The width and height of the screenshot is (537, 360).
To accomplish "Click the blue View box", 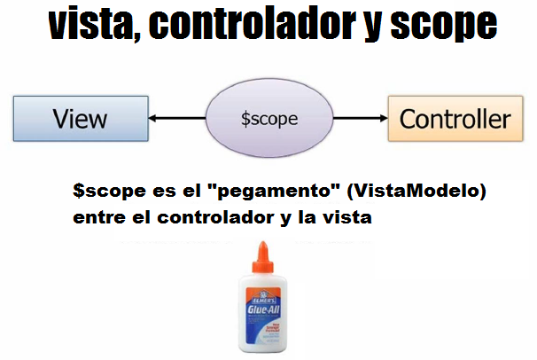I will [x=80, y=118].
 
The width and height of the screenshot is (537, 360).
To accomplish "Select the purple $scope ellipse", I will [x=268, y=118].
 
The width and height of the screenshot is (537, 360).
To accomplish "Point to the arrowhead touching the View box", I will [x=153, y=118].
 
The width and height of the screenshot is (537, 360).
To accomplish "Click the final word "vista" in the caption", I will [x=346, y=215].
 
